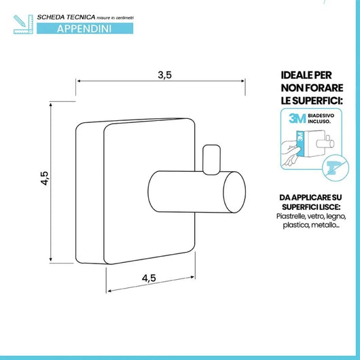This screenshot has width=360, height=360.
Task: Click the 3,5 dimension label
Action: pyautogui.click(x=164, y=75)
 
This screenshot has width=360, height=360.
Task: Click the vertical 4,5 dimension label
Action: pyautogui.click(x=45, y=178)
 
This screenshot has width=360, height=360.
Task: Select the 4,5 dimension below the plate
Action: pyautogui.click(x=149, y=278)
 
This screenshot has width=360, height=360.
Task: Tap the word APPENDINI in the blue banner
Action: pyautogui.click(x=84, y=29)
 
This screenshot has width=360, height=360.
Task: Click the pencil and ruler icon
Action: pyautogui.click(x=23, y=24)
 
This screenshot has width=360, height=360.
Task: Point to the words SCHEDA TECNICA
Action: pyautogui.click(x=66, y=17)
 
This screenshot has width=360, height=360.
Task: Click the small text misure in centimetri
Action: pyautogui.click(x=115, y=18)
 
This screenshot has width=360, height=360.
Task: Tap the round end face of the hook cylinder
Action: pyautogui.click(x=234, y=192)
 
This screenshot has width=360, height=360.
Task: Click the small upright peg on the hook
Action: pyautogui.click(x=211, y=159)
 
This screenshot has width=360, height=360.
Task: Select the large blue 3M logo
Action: pyautogui.click(x=298, y=118)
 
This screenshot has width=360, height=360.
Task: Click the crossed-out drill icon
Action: pyautogui.click(x=336, y=168)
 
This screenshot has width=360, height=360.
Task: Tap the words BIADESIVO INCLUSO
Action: pyautogui.click(x=321, y=118)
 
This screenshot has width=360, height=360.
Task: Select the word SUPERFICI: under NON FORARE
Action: pyautogui.click(x=318, y=101)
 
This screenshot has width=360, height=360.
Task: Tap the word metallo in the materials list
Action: pyautogui.click(x=325, y=226)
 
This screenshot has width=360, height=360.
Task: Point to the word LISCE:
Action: pyautogui.click(x=329, y=207)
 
